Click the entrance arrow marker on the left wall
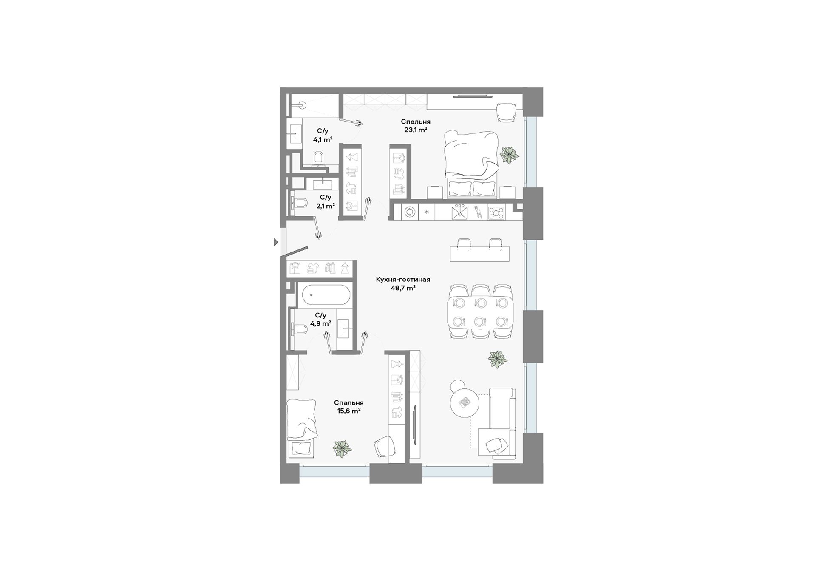tap(276, 242)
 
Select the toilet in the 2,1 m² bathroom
tap(299, 203)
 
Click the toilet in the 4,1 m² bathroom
tap(318, 159)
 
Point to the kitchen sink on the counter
tap(459, 212)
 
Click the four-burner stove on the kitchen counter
tap(496, 212)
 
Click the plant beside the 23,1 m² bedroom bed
tap(509, 155)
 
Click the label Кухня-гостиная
tap(403, 280)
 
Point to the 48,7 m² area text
tap(403, 288)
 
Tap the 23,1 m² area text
tap(415, 130)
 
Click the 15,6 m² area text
tap(349, 411)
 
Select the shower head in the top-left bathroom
tap(302, 103)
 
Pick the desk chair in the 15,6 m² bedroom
tap(385, 447)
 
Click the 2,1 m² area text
tap(326, 206)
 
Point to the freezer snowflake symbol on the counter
tap(427, 212)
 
